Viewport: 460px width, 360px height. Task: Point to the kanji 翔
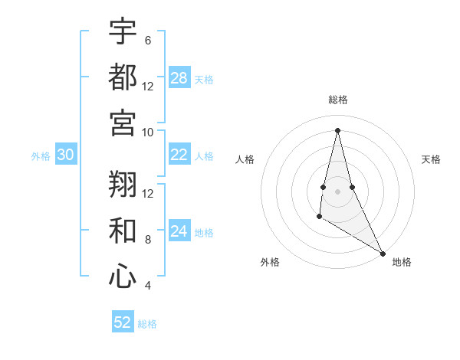click(x=123, y=183)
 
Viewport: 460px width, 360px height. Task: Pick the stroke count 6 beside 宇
click(x=147, y=41)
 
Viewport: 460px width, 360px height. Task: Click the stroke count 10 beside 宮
click(x=148, y=132)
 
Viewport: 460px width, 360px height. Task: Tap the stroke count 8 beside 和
click(x=147, y=240)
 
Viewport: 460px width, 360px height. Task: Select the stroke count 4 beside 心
click(x=147, y=286)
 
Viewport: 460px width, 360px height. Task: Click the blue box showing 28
click(x=179, y=78)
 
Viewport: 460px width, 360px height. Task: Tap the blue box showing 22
click(x=179, y=155)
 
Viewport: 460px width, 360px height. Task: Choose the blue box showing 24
click(x=179, y=231)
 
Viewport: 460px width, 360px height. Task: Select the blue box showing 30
click(x=65, y=155)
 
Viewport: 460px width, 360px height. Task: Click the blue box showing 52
click(x=123, y=322)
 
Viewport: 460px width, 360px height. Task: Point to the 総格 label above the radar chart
click(x=337, y=100)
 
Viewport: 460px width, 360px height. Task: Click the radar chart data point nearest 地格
click(x=383, y=253)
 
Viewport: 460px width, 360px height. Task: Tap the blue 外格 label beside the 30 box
click(x=41, y=156)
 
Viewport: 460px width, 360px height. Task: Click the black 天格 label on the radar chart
click(x=431, y=159)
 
